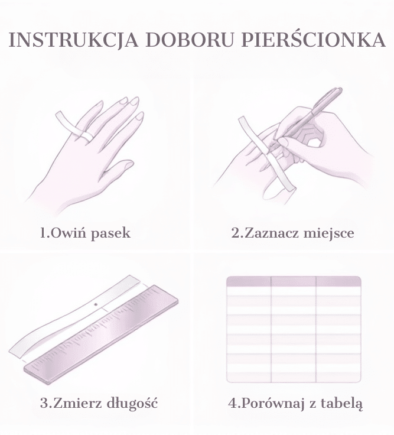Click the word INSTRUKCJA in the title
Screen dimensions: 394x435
[x=74, y=40]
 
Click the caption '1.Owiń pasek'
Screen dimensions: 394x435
[x=85, y=232]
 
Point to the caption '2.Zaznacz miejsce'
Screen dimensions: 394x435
[x=293, y=232]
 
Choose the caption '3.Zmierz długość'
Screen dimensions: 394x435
[x=99, y=403]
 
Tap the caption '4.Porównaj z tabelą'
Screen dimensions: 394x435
[x=295, y=403]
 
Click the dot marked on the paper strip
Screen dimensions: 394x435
[x=96, y=304]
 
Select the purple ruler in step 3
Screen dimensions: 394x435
[x=101, y=335]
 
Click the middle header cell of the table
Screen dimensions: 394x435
[x=294, y=281]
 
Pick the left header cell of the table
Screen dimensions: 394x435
[x=249, y=281]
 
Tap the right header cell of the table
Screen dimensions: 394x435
[x=338, y=281]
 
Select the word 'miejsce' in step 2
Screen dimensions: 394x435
[x=329, y=233]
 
